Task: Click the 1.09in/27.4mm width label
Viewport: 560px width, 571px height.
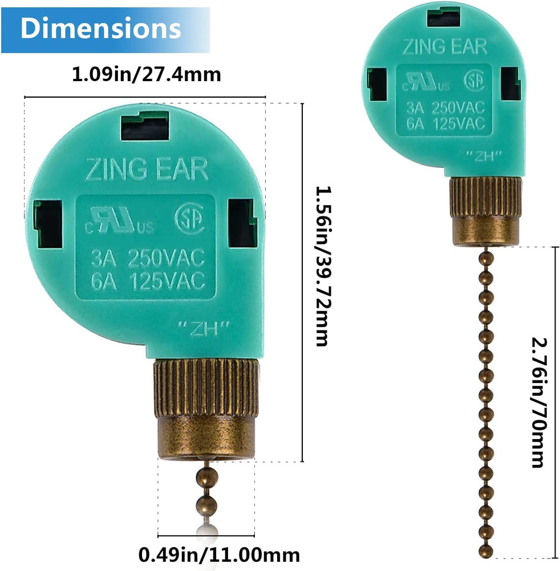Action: click(146, 74)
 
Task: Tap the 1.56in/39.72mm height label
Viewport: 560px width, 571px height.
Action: click(322, 266)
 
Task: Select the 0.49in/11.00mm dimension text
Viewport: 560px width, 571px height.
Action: click(219, 553)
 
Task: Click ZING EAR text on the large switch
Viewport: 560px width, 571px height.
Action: click(147, 170)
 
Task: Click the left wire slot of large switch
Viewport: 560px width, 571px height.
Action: click(48, 223)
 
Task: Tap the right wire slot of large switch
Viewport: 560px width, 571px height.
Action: click(243, 222)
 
